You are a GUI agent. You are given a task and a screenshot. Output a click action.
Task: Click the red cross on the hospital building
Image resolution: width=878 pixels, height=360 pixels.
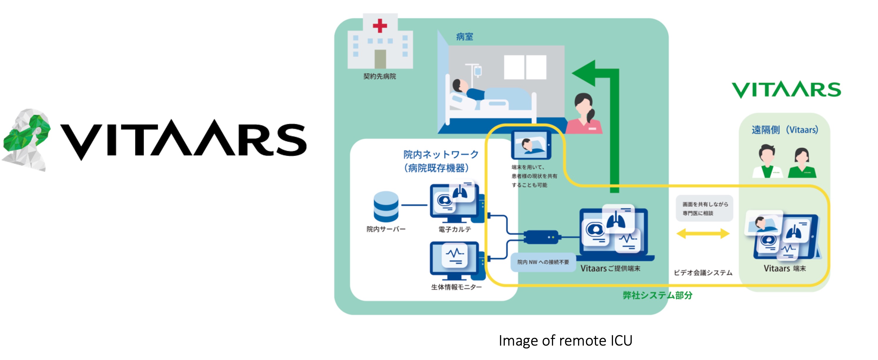coord(380,26)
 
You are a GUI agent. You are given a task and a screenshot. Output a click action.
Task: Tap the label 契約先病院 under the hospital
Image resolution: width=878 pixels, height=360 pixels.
coord(379,76)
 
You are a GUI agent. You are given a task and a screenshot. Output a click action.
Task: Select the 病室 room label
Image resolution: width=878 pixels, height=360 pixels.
coord(464,37)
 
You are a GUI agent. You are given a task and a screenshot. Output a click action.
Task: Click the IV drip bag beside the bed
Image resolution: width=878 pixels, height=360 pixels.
coord(478,71)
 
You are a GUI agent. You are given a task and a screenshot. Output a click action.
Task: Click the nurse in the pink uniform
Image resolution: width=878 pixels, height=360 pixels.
coord(584,114)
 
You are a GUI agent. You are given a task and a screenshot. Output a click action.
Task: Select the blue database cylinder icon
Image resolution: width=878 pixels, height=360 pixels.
coord(386,206)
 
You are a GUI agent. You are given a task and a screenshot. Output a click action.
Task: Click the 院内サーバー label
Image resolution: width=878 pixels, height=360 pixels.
coord(386,229)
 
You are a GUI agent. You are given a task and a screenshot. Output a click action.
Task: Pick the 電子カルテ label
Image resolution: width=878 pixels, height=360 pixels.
coord(455,229)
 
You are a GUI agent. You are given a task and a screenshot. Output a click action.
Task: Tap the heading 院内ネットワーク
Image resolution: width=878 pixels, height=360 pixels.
coord(441,155)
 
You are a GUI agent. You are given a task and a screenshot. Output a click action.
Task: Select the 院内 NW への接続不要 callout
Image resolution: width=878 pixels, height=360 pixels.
coord(543,262)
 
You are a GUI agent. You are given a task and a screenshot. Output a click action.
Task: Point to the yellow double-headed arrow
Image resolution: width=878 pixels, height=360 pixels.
coord(703,234)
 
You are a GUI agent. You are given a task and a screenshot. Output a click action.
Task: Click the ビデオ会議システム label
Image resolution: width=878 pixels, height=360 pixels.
coord(703,273)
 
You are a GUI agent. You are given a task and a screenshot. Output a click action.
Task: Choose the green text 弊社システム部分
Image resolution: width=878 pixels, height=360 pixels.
coord(658,295)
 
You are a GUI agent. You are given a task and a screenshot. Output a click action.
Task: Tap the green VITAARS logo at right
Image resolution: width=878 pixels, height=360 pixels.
coord(786,90)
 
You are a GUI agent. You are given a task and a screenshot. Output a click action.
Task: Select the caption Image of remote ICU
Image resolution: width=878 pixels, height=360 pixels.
coord(565,341)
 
